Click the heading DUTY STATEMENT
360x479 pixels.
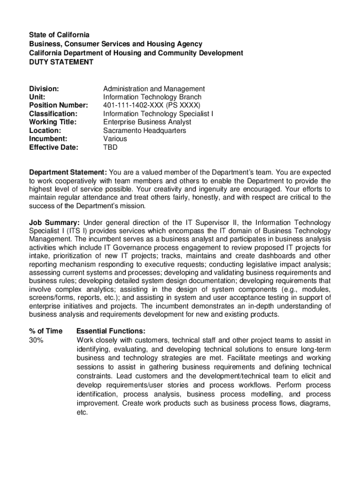point(61,62)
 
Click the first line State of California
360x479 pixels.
point(59,35)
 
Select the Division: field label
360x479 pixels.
point(44,88)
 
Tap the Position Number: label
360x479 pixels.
point(58,105)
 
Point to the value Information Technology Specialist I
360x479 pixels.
point(158,114)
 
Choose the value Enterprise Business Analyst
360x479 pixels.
point(147,122)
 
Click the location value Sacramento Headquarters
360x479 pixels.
point(144,131)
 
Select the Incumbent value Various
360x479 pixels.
point(115,139)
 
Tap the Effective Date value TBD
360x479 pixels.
point(110,147)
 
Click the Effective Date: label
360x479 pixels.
point(54,147)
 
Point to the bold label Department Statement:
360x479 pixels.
point(68,172)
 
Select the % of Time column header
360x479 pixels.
point(45,331)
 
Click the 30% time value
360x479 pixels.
point(36,340)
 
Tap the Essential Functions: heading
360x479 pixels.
point(111,331)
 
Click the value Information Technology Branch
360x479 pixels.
point(152,97)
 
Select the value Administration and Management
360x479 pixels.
point(154,88)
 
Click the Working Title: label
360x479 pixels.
point(53,122)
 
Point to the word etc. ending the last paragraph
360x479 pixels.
point(82,413)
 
